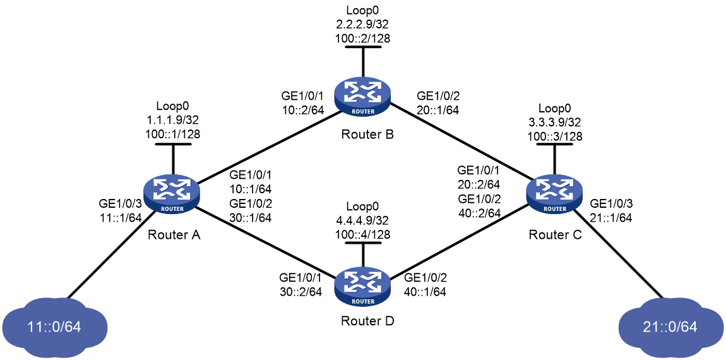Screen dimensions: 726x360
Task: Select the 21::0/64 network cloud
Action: [671, 326]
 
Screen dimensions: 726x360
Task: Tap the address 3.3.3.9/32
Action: [554, 124]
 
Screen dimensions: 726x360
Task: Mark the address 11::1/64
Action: [119, 219]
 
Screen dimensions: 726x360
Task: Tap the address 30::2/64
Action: [301, 293]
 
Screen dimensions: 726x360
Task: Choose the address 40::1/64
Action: [425, 293]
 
